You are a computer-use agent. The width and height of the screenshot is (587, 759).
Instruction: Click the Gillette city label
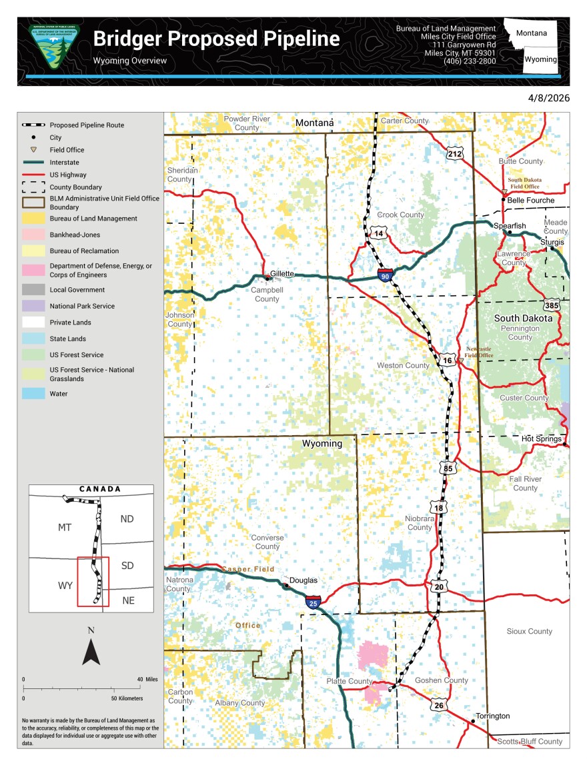(x=282, y=273)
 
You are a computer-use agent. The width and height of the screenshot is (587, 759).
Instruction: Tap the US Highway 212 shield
(x=455, y=154)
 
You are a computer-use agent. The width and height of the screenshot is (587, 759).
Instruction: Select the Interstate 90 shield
(x=384, y=275)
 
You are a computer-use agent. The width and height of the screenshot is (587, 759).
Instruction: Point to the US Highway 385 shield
(x=552, y=305)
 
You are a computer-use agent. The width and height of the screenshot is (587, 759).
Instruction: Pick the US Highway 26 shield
(x=438, y=705)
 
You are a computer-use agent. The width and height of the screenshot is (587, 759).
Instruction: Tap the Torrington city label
(x=494, y=716)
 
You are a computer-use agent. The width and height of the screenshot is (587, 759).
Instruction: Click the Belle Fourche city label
(x=531, y=200)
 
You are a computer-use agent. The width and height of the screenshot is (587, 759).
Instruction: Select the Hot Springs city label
(x=542, y=438)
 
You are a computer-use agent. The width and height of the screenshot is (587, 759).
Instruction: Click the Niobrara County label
(x=420, y=522)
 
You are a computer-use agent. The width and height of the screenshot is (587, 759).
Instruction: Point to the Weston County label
(x=403, y=365)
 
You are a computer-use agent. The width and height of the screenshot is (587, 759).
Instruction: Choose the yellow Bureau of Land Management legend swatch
(x=33, y=219)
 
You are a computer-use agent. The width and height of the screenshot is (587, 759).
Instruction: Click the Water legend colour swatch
(x=33, y=394)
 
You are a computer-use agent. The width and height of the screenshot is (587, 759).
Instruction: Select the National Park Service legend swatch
(x=33, y=306)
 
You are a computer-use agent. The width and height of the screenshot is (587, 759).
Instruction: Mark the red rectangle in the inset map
(x=93, y=582)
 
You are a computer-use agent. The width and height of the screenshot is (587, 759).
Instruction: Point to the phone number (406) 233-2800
(x=470, y=61)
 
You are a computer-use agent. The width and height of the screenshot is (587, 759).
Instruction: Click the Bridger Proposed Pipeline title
(x=216, y=39)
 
